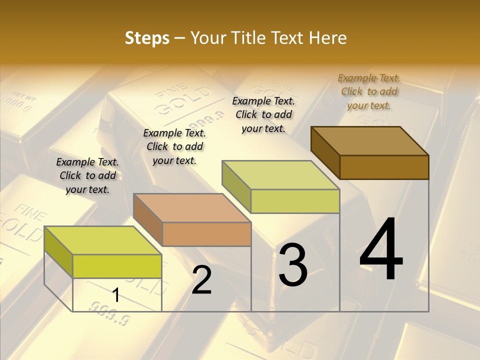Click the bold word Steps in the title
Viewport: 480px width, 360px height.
(147, 38)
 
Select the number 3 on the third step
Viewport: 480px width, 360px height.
(293, 265)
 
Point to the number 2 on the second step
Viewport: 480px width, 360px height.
(201, 280)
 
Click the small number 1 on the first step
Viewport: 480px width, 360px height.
(116, 295)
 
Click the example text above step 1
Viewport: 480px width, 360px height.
(87, 175)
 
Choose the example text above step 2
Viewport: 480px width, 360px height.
(174, 146)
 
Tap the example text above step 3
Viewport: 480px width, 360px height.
(263, 114)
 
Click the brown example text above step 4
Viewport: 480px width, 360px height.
(369, 91)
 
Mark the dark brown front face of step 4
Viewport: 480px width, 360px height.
(384, 167)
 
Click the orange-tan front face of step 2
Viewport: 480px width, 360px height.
(206, 234)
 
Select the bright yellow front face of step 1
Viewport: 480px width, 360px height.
(117, 266)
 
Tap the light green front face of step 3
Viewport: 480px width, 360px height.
(295, 201)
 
